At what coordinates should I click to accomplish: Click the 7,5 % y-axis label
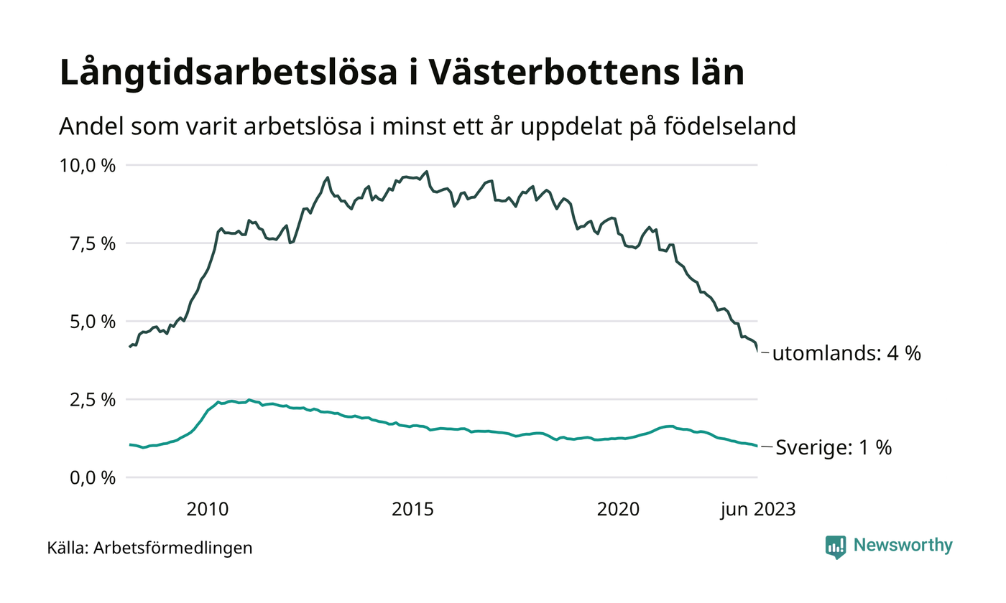point(93,243)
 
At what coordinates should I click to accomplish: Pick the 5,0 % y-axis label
point(93,322)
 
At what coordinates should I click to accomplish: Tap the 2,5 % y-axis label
point(93,399)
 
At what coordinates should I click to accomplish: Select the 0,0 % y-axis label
point(93,477)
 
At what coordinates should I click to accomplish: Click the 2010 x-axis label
point(208,510)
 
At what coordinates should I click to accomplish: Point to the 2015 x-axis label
point(413,510)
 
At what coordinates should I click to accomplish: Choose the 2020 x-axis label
point(619,510)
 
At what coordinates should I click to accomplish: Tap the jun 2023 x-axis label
point(758,510)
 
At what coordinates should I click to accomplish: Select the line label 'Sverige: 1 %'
point(834,448)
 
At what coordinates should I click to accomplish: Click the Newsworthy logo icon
point(836,546)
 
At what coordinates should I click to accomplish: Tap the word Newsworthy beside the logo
point(903,546)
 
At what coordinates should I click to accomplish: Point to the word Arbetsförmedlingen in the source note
point(173,548)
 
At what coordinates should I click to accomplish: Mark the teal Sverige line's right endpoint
point(757,447)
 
